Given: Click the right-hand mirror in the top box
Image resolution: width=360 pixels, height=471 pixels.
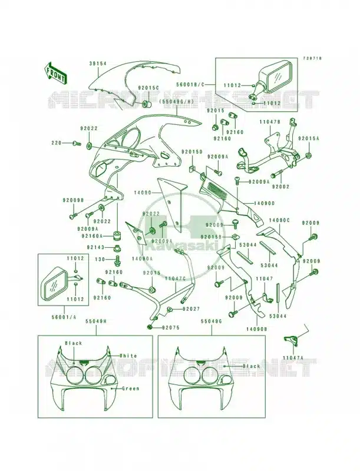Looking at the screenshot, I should [276, 77].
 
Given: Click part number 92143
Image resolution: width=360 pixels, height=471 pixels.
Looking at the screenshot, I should [98, 248].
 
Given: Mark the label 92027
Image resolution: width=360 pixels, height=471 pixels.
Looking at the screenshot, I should [191, 309].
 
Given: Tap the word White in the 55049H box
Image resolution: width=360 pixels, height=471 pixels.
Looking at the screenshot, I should [128, 356].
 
